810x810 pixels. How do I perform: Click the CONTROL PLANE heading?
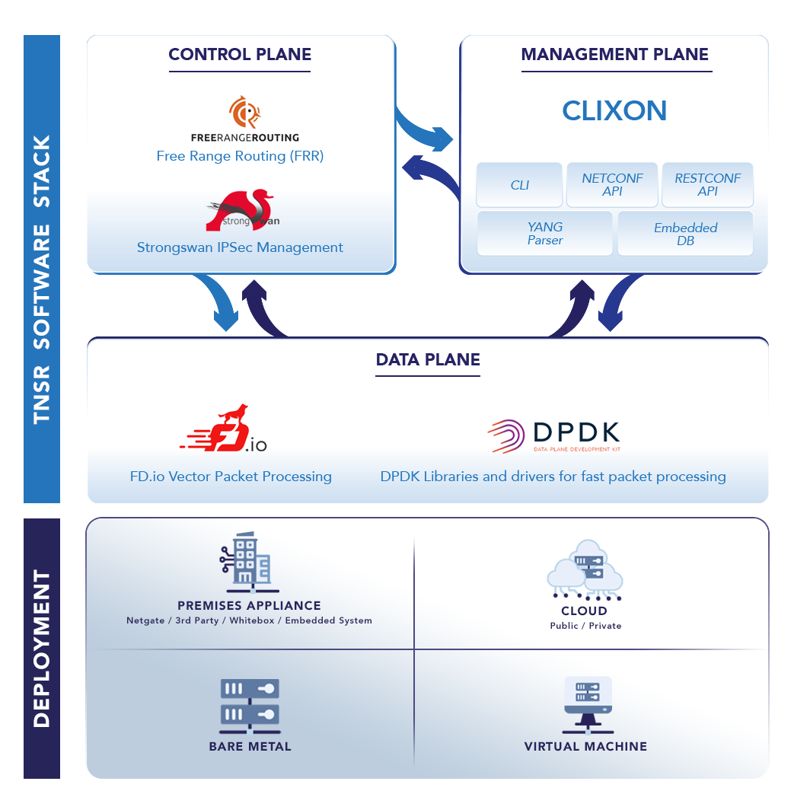pyautogui.click(x=240, y=55)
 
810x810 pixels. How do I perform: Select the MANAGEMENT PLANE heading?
pyautogui.click(x=614, y=55)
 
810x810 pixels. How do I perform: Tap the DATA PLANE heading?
pyautogui.click(x=428, y=360)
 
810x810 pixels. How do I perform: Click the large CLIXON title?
pyautogui.click(x=614, y=111)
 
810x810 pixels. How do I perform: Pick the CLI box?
pyautogui.click(x=519, y=185)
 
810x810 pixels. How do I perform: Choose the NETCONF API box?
pyautogui.click(x=612, y=185)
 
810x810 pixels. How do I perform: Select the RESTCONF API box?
pyautogui.click(x=707, y=185)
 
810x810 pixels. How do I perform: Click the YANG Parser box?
pyautogui.click(x=545, y=234)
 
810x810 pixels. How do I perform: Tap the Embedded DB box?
pyautogui.click(x=685, y=234)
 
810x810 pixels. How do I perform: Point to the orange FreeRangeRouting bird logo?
pyautogui.click(x=245, y=113)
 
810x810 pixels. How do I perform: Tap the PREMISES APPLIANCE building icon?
pyautogui.click(x=247, y=560)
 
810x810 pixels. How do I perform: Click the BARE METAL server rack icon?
pyautogui.click(x=249, y=704)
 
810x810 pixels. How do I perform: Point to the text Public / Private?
pyautogui.click(x=585, y=626)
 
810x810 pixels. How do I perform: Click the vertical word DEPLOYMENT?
pyautogui.click(x=42, y=648)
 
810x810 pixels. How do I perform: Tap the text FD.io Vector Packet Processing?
pyautogui.click(x=231, y=477)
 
